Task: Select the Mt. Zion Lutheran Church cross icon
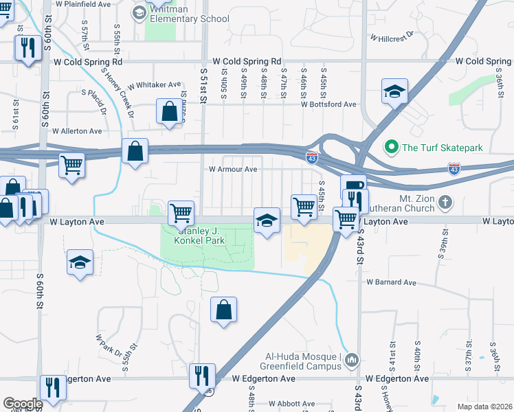tap(446, 202)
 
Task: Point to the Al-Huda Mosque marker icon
tap(352, 360)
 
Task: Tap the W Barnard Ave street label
tap(391, 282)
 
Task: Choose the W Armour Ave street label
tap(233, 169)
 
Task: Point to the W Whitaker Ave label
tap(154, 84)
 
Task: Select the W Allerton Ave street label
tap(76, 130)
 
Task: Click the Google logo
tap(22, 404)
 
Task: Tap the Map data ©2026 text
tap(484, 407)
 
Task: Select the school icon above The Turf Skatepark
tap(395, 91)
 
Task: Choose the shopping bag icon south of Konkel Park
tap(224, 310)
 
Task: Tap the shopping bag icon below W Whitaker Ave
tap(169, 111)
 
